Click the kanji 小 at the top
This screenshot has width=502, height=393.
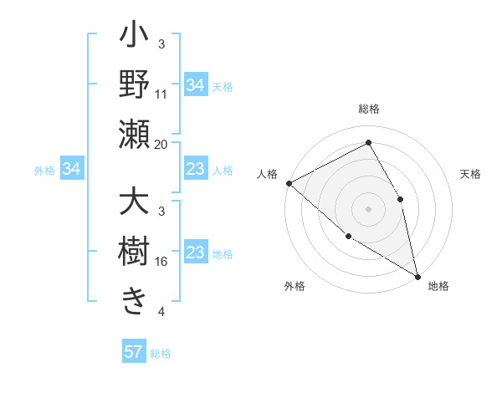[134, 38]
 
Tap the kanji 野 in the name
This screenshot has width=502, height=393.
[134, 86]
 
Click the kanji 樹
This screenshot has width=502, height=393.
[134, 252]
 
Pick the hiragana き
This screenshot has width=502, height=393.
[134, 301]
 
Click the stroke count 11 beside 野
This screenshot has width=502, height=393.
[161, 94]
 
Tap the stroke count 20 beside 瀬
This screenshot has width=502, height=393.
[161, 144]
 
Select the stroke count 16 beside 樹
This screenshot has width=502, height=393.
[161, 262]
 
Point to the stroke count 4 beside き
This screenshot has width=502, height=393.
[161, 312]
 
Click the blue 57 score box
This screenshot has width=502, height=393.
[134, 352]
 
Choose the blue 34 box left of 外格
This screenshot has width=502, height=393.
[72, 170]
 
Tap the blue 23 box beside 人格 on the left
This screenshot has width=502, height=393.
[195, 170]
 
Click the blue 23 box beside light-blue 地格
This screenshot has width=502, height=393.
[195, 253]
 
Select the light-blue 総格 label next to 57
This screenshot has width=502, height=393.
[161, 354]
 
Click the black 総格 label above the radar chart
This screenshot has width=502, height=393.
[369, 109]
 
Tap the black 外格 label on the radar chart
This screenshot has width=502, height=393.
[295, 286]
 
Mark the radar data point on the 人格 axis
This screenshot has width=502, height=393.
[289, 183]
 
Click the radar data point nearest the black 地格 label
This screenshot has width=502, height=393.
[417, 276]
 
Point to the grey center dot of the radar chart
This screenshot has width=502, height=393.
[368, 208]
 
